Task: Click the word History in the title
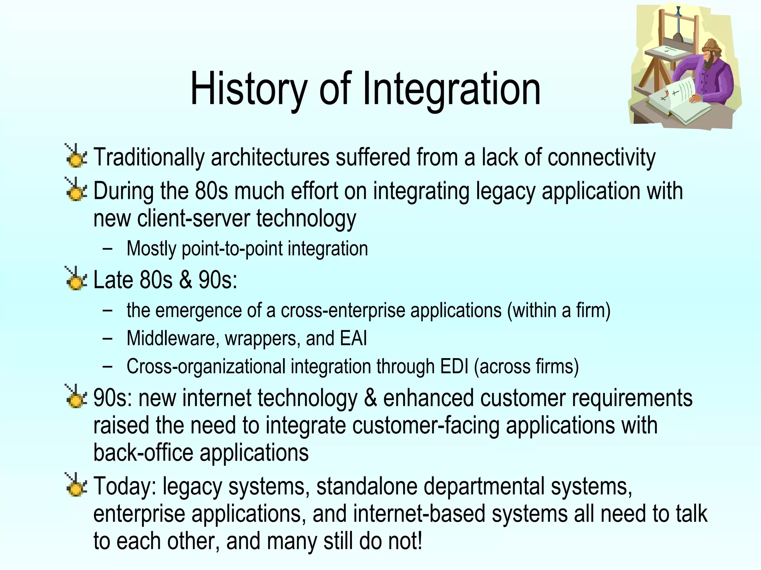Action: point(248,89)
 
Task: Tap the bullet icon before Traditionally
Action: point(76,156)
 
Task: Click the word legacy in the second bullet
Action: point(505,191)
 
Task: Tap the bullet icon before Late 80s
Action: point(76,279)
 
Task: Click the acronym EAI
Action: point(351,338)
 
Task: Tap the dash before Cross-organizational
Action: point(108,367)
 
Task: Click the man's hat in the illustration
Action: point(710,46)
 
